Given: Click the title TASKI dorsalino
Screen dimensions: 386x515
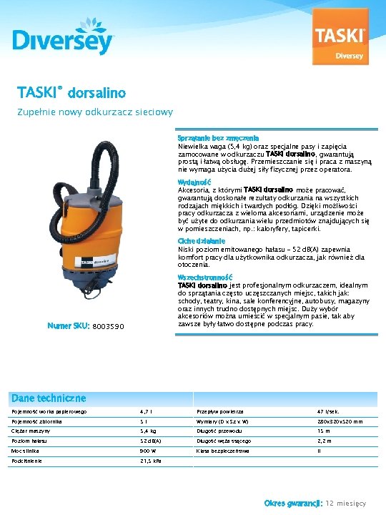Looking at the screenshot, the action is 71,93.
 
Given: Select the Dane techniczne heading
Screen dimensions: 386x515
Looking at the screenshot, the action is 49,398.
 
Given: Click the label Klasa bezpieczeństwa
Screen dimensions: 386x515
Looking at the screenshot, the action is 223,451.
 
